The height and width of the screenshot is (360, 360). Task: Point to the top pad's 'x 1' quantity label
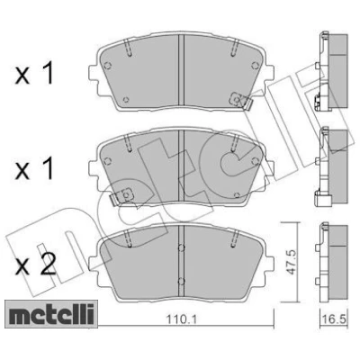(x=34, y=73)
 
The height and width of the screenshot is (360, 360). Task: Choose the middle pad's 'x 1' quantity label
(x=34, y=169)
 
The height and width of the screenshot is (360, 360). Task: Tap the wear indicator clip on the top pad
(x=241, y=101)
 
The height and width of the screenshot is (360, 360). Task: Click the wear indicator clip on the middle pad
(x=121, y=196)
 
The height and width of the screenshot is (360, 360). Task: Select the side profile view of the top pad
(x=332, y=71)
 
